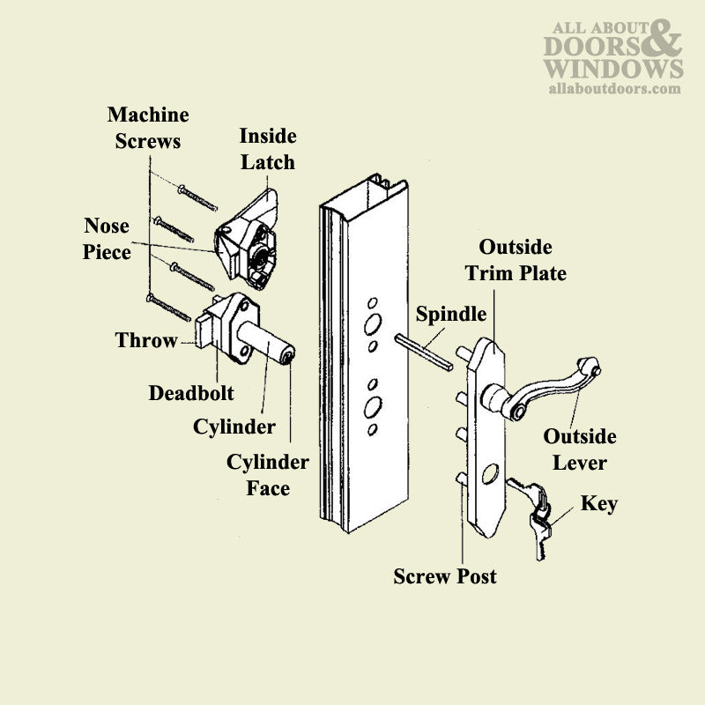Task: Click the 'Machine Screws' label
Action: tap(148, 128)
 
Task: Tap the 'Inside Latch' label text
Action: tap(267, 149)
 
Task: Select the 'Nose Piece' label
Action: tap(107, 239)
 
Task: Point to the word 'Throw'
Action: tap(146, 341)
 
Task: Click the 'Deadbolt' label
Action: tap(191, 392)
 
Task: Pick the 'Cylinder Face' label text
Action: tap(268, 474)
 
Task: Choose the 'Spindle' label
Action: tap(451, 314)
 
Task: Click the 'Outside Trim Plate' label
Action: tap(516, 259)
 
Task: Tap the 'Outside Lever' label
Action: tap(579, 449)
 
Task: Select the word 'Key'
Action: tap(598, 504)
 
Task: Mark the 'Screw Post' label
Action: tap(445, 576)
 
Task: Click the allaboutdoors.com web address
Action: tap(614, 88)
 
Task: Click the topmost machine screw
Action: tap(197, 198)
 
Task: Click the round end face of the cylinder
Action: tap(288, 357)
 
